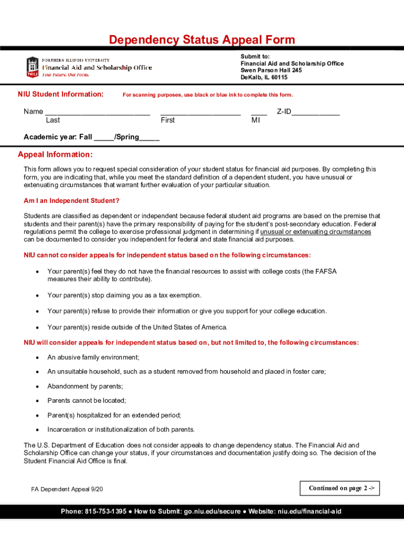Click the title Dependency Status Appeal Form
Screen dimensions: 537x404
pos(201,40)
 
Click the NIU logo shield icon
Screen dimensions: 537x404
pos(32,67)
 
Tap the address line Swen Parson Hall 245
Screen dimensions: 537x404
pos(271,70)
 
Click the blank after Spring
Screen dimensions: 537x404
pos(150,138)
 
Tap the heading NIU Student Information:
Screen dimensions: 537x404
pos(60,94)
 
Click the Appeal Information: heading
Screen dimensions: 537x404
pos(55,155)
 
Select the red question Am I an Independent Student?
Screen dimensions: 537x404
pos(71,201)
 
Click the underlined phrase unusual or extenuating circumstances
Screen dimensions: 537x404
pos(315,232)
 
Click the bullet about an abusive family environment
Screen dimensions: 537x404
pos(93,358)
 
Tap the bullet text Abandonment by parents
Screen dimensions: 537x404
pos(85,386)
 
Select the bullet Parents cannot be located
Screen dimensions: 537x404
pos(87,401)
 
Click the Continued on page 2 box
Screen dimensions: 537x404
pos(339,488)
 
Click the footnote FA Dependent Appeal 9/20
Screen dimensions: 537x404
pos(67,489)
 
